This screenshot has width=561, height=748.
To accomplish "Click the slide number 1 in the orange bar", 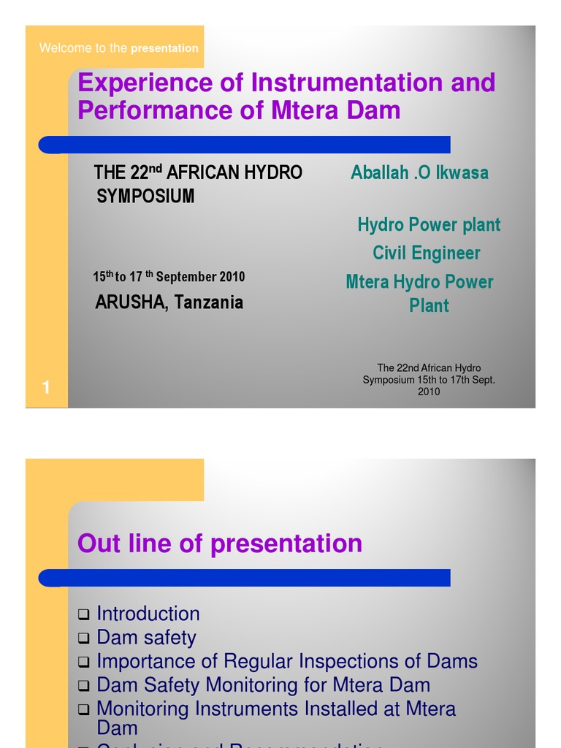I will tap(46, 389).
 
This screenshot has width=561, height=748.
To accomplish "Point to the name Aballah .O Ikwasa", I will tap(419, 173).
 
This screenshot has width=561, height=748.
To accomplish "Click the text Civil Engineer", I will tap(427, 253).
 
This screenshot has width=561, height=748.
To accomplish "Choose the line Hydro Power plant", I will tap(429, 225).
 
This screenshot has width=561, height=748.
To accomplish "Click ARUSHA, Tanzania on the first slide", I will tap(169, 302).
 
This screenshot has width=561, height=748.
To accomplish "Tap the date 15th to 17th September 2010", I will tap(169, 277).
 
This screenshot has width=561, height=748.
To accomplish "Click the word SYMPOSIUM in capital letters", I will tap(146, 196).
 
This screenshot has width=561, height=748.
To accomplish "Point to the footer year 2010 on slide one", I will tap(429, 392).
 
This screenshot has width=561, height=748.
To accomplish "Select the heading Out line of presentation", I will tap(220, 543).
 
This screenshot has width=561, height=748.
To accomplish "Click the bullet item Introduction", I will tap(148, 614).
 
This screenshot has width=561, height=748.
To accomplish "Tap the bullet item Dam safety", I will tap(147, 638).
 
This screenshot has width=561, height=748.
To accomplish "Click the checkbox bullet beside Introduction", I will tap(84, 615).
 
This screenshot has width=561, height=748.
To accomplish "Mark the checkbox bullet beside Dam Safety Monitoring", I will tap(84, 687).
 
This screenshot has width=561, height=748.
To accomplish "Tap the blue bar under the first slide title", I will tap(245, 145).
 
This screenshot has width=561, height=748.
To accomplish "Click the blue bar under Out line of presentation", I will tap(245, 578).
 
